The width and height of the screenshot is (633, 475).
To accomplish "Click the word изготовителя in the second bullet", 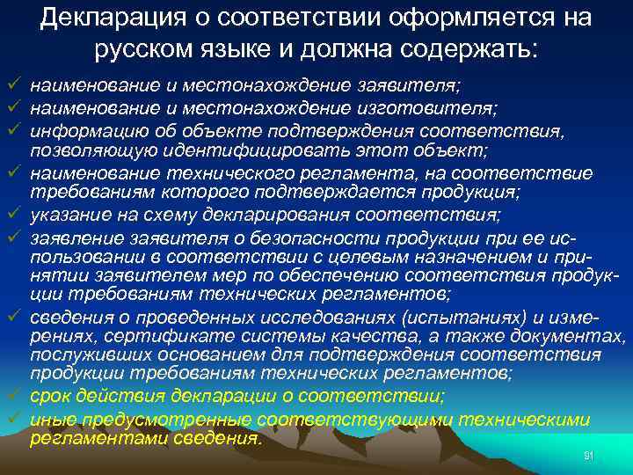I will pos(431,108).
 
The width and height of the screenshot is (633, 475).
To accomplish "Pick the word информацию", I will pos(80,130).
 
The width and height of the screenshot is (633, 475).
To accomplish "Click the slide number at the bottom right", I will pos(589,455).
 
